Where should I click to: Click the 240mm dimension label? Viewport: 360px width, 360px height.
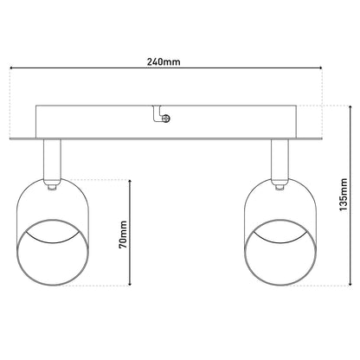pos(164,61)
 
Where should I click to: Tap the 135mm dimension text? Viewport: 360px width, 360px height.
pos(344,195)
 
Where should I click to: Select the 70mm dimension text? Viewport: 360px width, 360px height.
pos(123,235)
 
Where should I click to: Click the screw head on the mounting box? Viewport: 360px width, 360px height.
pos(166,119)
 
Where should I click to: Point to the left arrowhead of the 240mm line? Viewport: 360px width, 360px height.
pos(11,68)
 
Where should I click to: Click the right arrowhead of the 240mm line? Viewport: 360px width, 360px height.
pos(320,68)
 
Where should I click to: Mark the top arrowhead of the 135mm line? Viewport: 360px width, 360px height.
pos(350,107)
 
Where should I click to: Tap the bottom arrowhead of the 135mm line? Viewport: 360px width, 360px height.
pos(350,284)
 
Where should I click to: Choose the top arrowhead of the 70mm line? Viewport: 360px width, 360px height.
pos(130,181)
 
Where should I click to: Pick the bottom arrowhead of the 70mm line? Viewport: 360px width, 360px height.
pos(130,284)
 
